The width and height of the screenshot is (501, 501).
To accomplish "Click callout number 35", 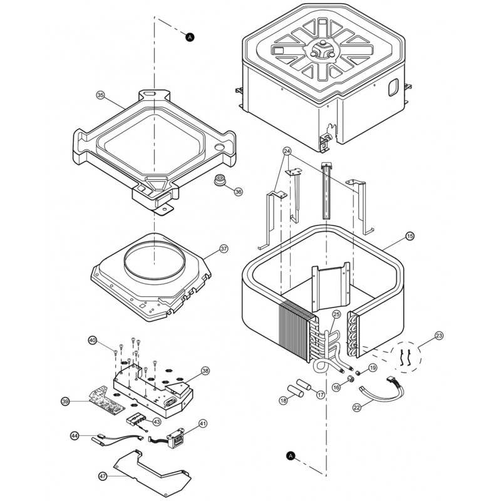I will [x=100, y=95].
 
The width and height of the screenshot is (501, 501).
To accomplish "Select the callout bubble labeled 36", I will [x=238, y=192].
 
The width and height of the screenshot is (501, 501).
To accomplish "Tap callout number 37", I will [x=224, y=249].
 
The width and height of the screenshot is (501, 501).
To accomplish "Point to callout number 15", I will [x=410, y=236].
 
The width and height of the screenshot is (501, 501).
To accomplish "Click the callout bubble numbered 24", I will [x=287, y=152].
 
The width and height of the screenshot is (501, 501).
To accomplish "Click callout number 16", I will [x=336, y=388].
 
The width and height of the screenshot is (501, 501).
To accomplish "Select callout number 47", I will [x=103, y=477].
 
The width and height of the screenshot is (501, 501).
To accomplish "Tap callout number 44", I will [x=74, y=435].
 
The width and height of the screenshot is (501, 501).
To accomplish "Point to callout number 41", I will [x=203, y=425].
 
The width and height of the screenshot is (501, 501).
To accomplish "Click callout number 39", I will [x=65, y=401].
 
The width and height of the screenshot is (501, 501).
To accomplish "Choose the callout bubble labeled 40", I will [x=92, y=341].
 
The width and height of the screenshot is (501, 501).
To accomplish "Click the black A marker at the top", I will [x=190, y=38].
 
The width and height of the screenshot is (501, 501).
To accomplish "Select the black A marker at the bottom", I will [x=290, y=456].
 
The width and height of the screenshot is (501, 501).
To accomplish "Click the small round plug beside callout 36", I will [x=220, y=182].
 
